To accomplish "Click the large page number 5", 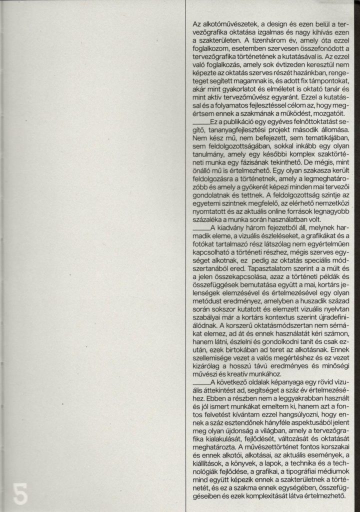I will [19, 493].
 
